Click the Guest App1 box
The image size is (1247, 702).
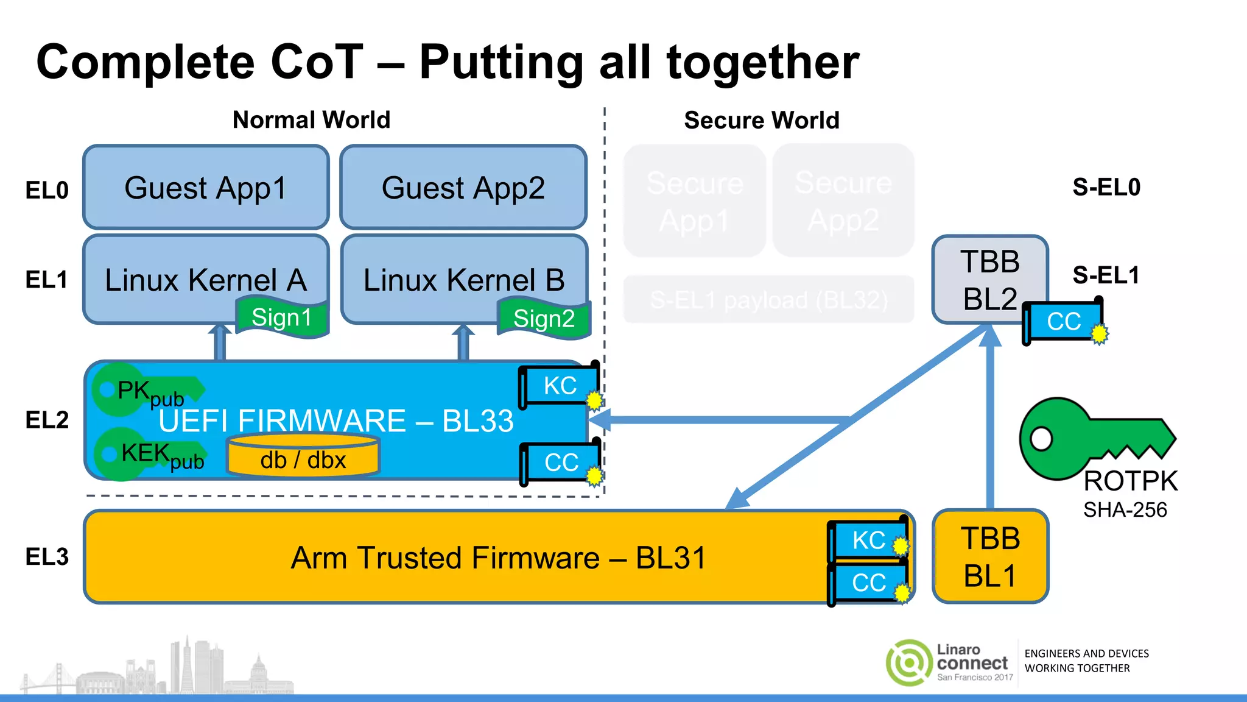[x=206, y=187]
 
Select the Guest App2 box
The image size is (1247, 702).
[x=463, y=187]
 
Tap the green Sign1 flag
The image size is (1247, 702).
[x=282, y=317]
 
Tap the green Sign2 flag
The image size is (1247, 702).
[x=544, y=319]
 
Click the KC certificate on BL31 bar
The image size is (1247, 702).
[x=868, y=540]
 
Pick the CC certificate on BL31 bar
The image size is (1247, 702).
[x=868, y=583]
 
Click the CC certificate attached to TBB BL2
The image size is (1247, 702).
[x=1063, y=321]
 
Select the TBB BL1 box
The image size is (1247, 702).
[x=990, y=557]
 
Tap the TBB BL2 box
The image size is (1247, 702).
[x=989, y=279]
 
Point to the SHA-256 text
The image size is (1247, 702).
[x=1125, y=509]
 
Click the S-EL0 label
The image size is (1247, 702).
[x=1106, y=187]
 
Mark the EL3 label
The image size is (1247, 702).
[x=47, y=556]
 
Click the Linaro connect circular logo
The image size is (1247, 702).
[x=909, y=662]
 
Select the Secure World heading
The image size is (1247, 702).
[x=761, y=120]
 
